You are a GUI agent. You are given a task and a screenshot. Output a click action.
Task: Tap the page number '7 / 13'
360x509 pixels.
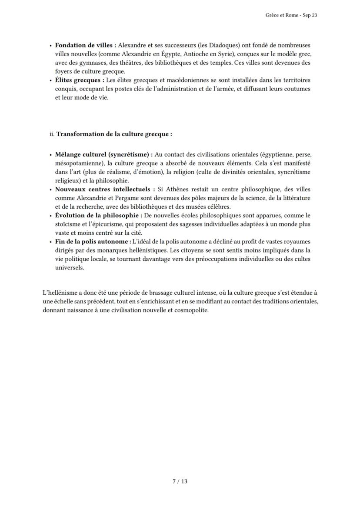pos(180,481)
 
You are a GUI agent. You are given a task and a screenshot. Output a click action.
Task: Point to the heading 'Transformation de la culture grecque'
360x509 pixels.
pos(113,134)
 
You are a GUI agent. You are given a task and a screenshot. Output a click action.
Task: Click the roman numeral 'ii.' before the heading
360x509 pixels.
pos(52,134)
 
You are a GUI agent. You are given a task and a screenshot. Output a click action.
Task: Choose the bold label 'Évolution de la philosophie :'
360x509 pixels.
pos(98,216)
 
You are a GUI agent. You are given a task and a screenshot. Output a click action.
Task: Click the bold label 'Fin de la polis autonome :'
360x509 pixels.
pos(92,242)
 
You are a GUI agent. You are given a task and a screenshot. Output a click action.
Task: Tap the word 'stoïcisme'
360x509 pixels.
pos(68,224)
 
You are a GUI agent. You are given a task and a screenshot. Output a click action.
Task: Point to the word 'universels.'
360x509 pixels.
pos(70,268)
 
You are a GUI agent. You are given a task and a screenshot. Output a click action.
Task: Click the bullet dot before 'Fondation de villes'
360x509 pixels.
pos(51,46)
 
